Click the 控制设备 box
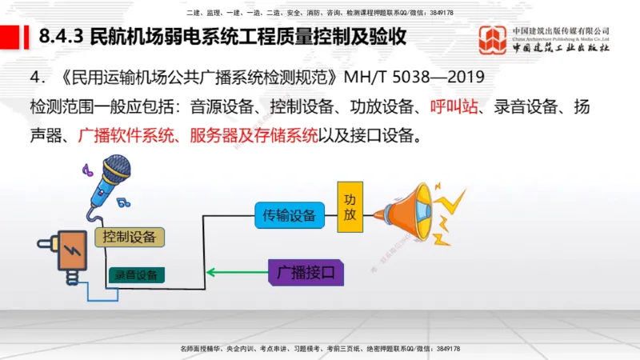tap(130, 237)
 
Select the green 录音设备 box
tap(136, 275)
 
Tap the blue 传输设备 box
tap(290, 214)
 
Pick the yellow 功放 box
tap(350, 206)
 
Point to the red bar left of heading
tap(10, 37)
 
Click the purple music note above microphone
tap(87, 170)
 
